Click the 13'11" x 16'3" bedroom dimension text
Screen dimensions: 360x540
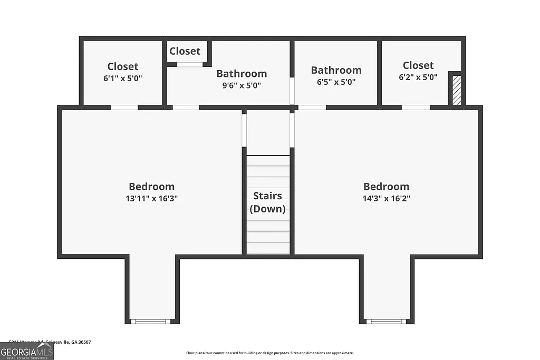(x=151, y=199)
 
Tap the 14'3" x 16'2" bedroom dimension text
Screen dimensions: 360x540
(x=386, y=199)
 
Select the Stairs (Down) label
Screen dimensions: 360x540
(x=267, y=202)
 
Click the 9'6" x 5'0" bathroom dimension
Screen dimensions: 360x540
(x=242, y=85)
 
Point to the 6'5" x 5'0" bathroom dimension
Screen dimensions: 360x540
(x=336, y=82)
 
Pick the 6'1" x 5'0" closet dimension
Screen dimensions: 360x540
(x=123, y=78)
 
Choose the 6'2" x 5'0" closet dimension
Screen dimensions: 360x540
(x=418, y=77)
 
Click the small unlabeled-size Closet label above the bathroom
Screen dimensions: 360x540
(x=185, y=51)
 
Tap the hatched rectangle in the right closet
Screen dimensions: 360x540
(x=457, y=90)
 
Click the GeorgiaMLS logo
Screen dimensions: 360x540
(x=27, y=351)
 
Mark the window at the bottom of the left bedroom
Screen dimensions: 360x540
(x=151, y=321)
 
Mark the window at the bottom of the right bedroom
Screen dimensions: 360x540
(x=386, y=321)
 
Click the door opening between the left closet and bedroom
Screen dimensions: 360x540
(x=124, y=108)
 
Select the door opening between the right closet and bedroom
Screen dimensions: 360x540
(x=416, y=108)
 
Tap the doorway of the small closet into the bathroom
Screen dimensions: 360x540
(x=189, y=65)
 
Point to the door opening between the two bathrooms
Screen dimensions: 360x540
(x=292, y=91)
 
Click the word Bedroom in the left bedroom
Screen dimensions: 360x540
(x=151, y=187)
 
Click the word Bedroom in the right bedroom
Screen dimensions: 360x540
(x=386, y=187)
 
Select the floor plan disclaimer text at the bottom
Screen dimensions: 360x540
(x=269, y=353)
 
